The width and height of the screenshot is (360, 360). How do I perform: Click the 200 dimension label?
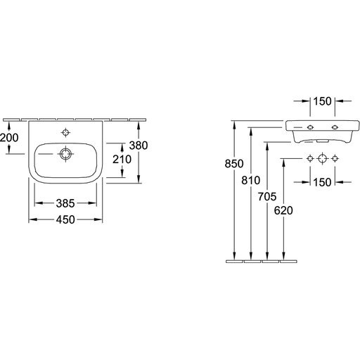coord(9,138)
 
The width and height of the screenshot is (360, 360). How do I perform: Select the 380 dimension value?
coord(139,146)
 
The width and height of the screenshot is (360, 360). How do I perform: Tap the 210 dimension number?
coord(122,160)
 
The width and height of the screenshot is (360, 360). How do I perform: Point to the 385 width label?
coord(65,203)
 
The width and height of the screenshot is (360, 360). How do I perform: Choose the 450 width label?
coord(65,219)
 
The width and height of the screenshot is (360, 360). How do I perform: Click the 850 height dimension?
coord(234,164)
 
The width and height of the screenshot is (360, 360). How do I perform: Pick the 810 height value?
coord(251,180)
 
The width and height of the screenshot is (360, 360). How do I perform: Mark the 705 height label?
coord(267,196)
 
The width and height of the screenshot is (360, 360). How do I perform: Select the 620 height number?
coord(283,210)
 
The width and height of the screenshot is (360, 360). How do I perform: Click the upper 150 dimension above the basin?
coord(323,101)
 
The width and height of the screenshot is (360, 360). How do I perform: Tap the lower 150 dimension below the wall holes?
coord(323,182)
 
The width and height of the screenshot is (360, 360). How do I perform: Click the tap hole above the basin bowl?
coord(65,133)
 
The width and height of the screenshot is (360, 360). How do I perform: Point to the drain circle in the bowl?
coord(65,154)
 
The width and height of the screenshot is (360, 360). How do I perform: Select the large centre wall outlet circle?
coord(323,159)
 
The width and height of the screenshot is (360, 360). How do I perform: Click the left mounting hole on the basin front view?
coord(310,127)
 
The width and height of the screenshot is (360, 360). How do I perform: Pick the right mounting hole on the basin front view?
coord(335,127)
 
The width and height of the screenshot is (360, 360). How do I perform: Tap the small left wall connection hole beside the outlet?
coord(310,159)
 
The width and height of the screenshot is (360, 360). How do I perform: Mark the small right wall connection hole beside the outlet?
coord(335,159)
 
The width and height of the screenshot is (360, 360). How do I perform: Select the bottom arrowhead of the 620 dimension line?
coord(283,256)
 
